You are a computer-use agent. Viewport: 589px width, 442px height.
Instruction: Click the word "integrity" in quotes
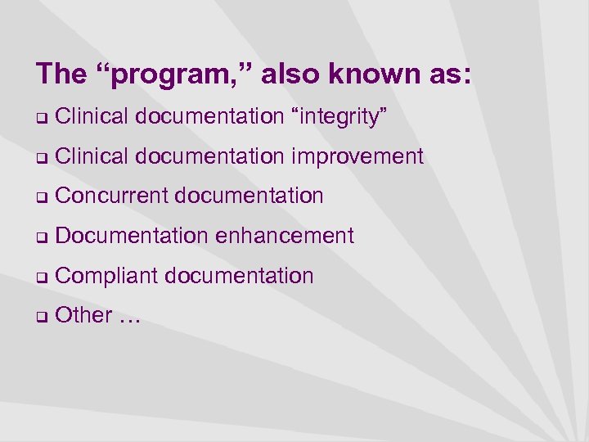(339, 117)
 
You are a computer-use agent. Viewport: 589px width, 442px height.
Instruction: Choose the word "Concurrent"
(111, 196)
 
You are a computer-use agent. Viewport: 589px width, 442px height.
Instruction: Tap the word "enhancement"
(285, 236)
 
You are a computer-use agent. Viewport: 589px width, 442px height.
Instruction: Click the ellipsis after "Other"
(129, 317)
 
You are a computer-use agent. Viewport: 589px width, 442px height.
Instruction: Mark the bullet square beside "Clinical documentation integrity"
(41, 118)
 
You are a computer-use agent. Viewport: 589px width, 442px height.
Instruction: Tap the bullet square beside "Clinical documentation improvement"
(41, 158)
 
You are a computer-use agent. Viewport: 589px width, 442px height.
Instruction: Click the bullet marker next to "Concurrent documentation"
(41, 197)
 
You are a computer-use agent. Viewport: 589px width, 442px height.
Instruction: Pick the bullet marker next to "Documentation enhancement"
(41, 237)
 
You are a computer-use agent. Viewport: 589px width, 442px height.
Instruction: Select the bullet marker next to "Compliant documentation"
(41, 277)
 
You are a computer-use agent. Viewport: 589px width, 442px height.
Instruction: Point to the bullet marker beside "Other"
(41, 317)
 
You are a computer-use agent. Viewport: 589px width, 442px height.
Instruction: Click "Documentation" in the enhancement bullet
(132, 236)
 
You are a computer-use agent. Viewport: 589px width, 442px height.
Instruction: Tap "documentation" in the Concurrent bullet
(249, 196)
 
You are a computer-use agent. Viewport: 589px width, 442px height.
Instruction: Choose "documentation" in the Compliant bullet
(239, 276)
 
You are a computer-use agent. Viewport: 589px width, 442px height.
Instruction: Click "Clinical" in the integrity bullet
(92, 116)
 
